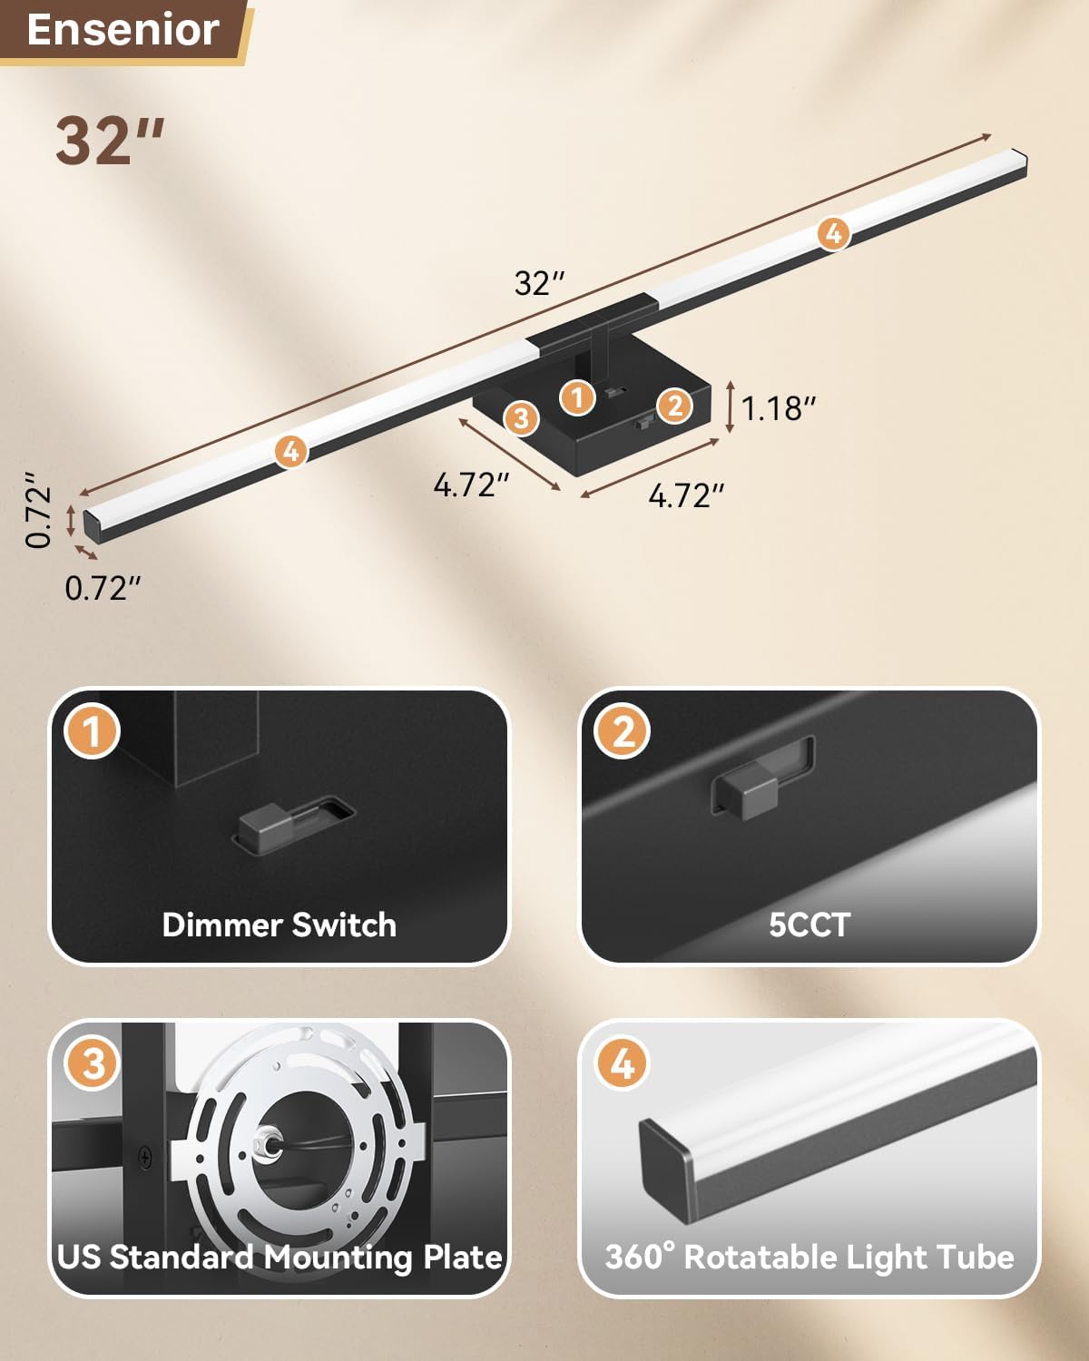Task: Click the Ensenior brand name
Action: (123, 30)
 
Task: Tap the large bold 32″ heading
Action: (110, 141)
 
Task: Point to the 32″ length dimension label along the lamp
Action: (539, 283)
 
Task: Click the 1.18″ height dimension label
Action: (779, 408)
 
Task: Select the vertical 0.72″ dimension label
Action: (38, 509)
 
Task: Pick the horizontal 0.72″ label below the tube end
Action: (103, 588)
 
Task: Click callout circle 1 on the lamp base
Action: (577, 397)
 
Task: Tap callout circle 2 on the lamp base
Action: (674, 406)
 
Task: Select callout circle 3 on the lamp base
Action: (521, 417)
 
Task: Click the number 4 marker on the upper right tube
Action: (833, 233)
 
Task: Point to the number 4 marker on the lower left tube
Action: (290, 450)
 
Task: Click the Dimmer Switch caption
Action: (279, 925)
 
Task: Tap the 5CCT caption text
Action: (809, 925)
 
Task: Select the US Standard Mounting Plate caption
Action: (279, 1257)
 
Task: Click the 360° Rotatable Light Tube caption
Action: (809, 1257)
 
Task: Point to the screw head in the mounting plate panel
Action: (145, 1157)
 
